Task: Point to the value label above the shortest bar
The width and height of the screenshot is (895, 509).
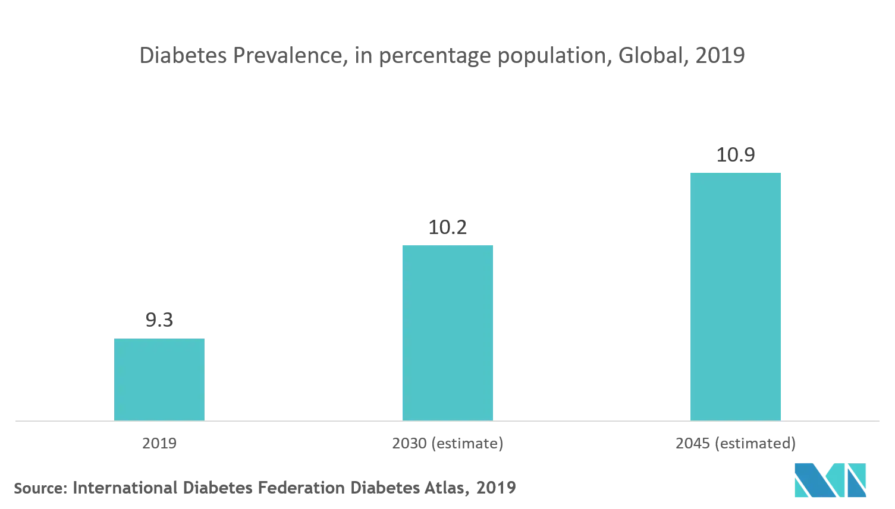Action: (159, 320)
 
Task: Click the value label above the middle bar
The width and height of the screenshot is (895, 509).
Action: (448, 228)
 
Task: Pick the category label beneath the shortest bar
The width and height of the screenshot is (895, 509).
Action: (159, 444)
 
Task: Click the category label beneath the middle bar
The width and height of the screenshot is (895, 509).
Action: (447, 443)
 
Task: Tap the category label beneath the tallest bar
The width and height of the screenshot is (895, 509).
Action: (736, 443)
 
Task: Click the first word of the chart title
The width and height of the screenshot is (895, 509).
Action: (170, 56)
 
